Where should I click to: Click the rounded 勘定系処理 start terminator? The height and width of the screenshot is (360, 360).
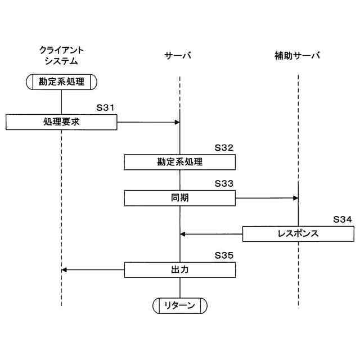61,82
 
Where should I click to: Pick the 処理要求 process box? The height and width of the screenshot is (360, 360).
61,121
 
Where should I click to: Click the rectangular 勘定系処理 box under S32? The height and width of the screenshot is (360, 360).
179,162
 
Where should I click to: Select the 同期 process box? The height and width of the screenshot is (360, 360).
179,198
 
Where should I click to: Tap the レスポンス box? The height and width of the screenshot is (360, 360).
298,233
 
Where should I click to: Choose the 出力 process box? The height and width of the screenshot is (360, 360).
179,270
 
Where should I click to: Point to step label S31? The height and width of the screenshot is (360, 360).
106,107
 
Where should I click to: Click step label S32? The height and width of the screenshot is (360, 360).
224,148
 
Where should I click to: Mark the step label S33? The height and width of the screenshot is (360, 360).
224,183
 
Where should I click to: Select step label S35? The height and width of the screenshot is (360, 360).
224,255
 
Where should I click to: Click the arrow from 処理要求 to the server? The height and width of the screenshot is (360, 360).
148,121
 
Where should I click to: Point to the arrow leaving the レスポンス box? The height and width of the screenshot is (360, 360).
211,233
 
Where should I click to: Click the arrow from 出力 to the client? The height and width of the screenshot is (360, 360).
93,270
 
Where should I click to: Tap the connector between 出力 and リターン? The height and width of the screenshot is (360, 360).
180,287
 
